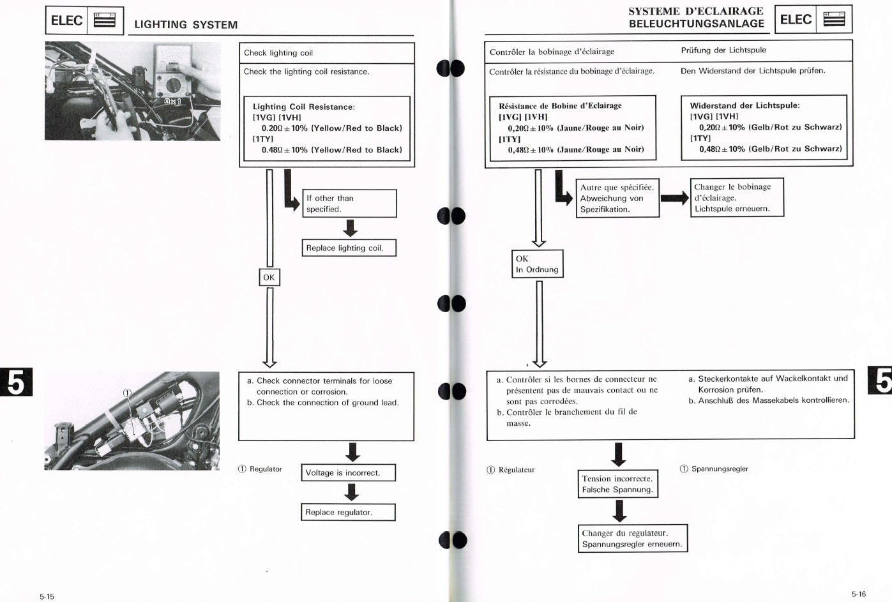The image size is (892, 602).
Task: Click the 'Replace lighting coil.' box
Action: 349,248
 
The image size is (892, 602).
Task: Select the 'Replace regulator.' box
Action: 348,512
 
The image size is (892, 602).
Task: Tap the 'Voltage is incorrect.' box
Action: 348,473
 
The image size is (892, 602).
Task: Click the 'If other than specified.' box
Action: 349,204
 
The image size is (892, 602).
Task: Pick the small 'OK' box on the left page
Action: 269,277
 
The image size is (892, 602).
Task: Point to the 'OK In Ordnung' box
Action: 537,264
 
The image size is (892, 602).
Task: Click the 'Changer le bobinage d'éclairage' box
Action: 736,198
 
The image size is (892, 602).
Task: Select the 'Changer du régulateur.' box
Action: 632,539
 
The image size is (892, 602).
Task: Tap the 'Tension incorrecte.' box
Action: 617,484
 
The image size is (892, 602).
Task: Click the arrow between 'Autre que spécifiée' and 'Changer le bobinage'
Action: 674,198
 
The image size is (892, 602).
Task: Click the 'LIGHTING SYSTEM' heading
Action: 186,25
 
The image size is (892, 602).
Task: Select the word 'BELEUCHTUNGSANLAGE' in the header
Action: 696,24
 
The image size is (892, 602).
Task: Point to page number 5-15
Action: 47,597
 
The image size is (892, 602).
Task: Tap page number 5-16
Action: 858,594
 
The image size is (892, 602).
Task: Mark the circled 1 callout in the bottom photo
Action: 126,393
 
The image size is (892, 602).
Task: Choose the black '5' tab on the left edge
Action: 16,382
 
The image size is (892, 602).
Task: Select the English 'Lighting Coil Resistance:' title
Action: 304,107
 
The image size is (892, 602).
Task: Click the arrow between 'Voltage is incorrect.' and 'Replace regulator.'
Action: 351,492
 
